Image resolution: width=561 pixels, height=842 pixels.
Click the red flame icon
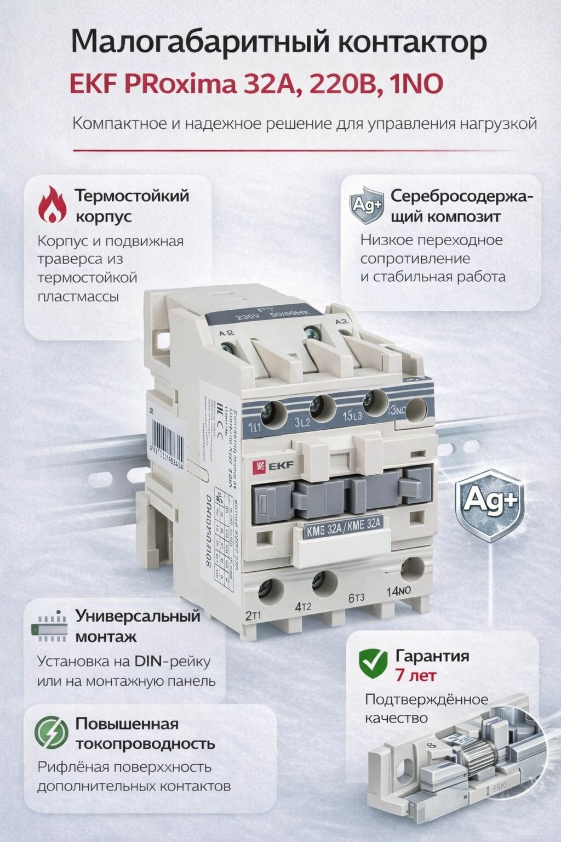53,204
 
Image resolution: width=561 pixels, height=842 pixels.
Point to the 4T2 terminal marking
303,607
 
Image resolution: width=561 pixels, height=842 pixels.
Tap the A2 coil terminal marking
342,322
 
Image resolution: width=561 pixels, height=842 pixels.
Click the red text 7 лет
415,675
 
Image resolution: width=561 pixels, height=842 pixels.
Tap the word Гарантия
432,656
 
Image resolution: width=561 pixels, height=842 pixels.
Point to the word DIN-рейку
171,661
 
